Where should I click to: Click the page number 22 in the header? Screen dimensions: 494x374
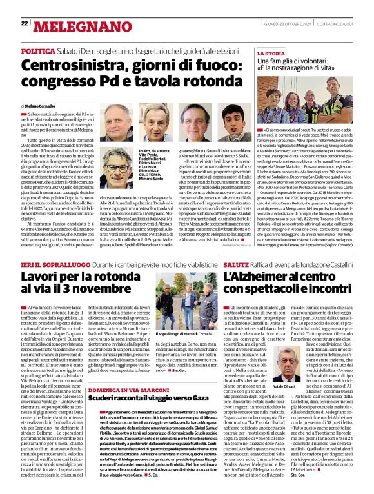pyautogui.click(x=25, y=23)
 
